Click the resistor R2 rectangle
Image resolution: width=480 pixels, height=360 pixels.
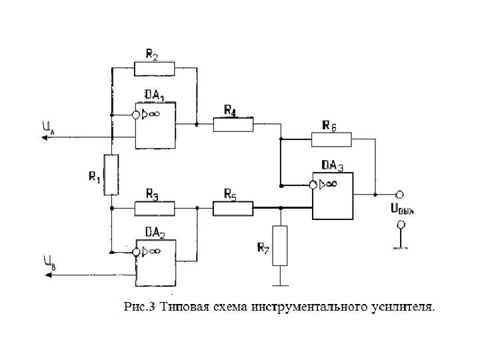[x=154, y=69]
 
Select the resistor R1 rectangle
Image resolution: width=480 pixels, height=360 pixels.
[x=111, y=174]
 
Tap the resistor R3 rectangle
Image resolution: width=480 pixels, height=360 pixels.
[x=154, y=209]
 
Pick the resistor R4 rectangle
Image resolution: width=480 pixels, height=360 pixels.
[x=233, y=125]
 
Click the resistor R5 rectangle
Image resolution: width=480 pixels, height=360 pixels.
[x=233, y=209]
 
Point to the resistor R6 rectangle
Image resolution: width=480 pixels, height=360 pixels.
[x=331, y=139]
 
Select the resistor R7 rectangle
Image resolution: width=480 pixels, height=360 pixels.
[x=280, y=245]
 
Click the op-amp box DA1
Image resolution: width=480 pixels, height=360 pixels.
[x=155, y=125]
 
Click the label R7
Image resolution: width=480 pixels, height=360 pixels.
[x=264, y=248]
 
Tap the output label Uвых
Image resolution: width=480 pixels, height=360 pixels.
[x=402, y=209]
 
